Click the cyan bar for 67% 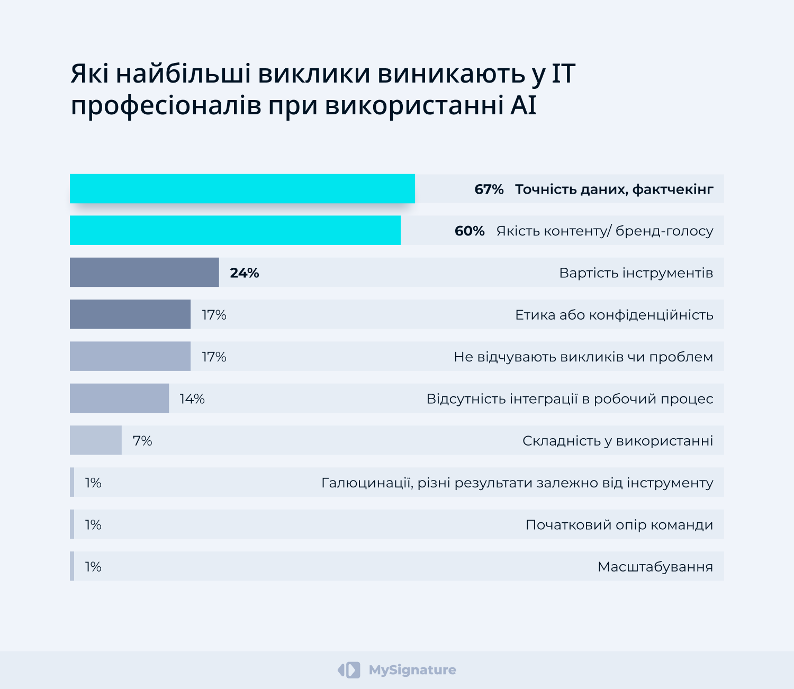click(242, 188)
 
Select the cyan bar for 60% click(235, 230)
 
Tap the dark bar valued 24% click(144, 273)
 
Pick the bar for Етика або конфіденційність click(130, 314)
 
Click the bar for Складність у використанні click(96, 440)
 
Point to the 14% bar click(119, 398)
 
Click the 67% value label click(489, 189)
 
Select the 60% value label click(470, 231)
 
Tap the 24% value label click(245, 273)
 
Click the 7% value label click(142, 441)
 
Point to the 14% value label click(192, 399)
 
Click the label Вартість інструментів click(636, 273)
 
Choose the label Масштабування click(655, 567)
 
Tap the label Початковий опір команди click(619, 525)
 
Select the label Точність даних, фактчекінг click(614, 189)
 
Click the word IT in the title click(563, 74)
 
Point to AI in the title click(524, 105)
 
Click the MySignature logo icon click(349, 670)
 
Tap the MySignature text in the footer click(412, 670)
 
